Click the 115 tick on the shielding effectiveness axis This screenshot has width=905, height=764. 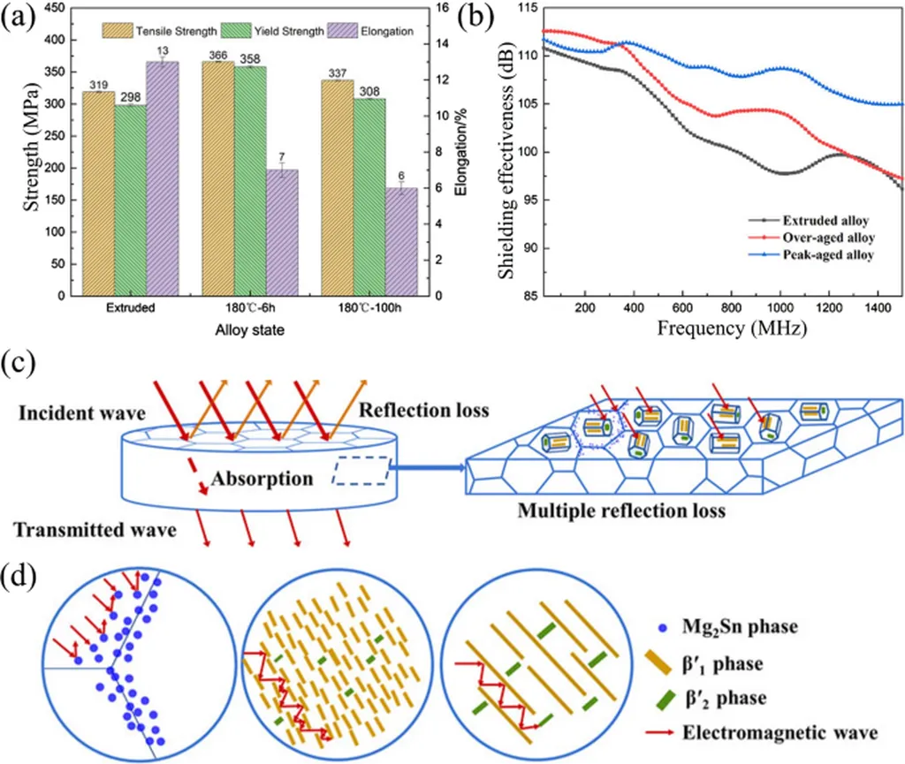click(x=524, y=8)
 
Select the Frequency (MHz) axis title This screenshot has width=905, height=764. click(x=727, y=330)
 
